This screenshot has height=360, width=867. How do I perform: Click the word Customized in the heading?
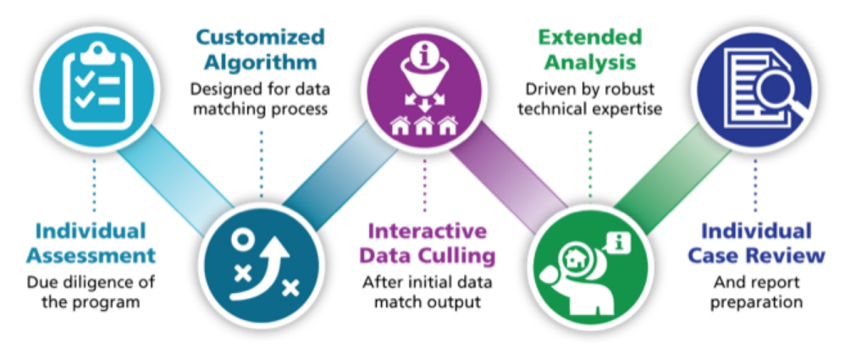click(x=260, y=37)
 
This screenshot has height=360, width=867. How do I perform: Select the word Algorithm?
click(x=260, y=62)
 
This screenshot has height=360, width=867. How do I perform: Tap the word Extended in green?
click(x=590, y=37)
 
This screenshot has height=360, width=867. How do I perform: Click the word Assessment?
click(x=91, y=256)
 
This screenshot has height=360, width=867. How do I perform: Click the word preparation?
click(x=756, y=302)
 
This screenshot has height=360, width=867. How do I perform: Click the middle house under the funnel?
click(x=424, y=125)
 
